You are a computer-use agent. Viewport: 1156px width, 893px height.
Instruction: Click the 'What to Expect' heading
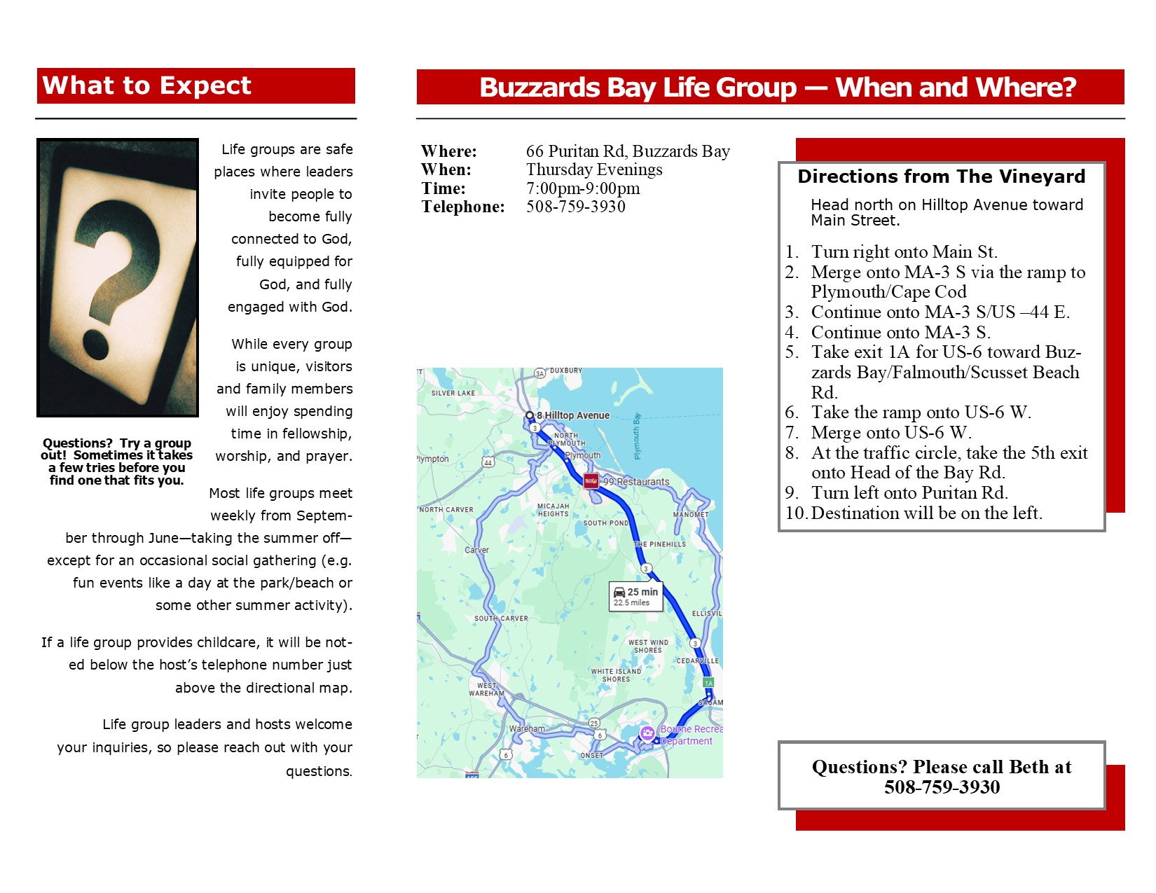[x=146, y=85]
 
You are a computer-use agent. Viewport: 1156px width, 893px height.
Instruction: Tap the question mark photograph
[x=118, y=277]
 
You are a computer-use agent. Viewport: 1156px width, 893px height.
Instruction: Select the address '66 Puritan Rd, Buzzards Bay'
[x=628, y=151]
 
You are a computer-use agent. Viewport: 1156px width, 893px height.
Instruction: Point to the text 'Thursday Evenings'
[x=594, y=169]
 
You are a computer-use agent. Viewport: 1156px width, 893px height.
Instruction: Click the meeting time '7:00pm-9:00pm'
[x=583, y=188]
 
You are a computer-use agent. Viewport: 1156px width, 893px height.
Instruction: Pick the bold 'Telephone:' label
[x=463, y=207]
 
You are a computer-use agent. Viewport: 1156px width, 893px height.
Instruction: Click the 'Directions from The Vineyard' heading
[x=941, y=176]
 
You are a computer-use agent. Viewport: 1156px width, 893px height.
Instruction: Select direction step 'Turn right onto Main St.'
[x=904, y=252]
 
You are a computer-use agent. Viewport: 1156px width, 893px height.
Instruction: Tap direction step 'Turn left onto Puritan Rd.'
[x=909, y=493]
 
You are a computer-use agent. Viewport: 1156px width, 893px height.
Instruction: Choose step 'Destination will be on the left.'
[x=926, y=513]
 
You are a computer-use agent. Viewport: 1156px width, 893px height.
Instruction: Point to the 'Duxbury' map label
[x=565, y=371]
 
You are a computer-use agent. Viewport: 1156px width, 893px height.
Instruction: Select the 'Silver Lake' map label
[x=453, y=393]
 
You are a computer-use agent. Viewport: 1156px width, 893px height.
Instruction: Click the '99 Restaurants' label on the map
[x=636, y=482]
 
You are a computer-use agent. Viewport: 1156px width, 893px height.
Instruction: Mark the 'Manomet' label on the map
[x=690, y=515]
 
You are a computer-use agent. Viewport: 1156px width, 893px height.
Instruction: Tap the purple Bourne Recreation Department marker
[x=647, y=733]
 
